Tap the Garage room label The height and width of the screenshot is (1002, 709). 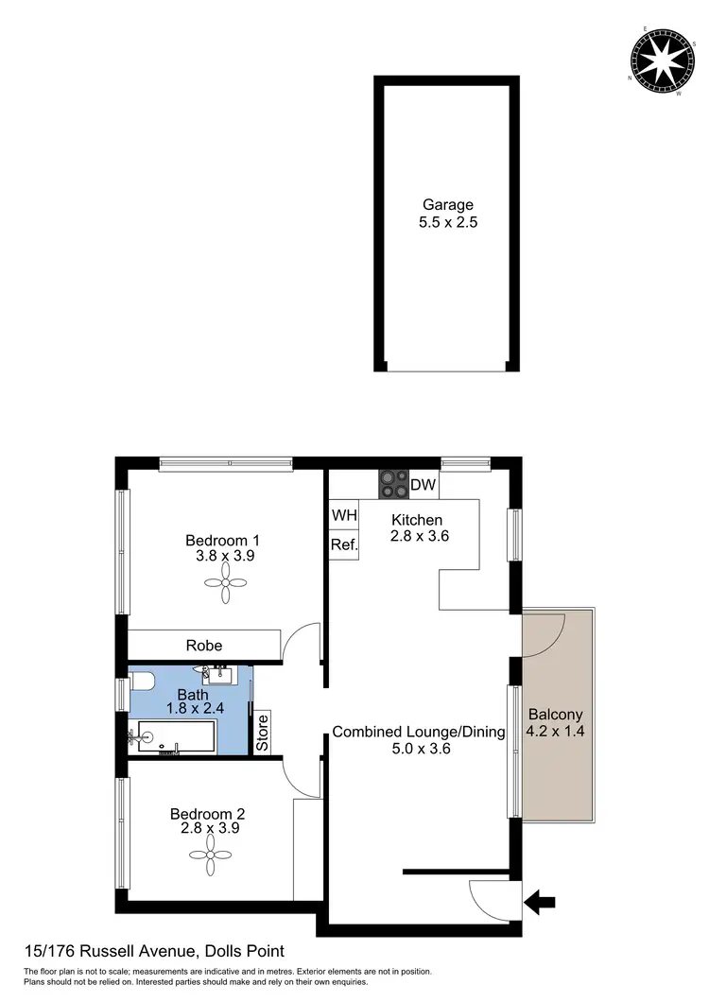[447, 204]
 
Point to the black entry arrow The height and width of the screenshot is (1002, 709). [540, 904]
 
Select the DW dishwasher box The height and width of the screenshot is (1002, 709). [424, 485]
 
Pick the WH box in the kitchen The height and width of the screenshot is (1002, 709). [343, 516]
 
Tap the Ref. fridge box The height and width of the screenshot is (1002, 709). [343, 544]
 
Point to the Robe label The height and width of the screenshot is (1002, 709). [204, 646]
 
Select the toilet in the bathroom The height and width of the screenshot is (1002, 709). [143, 681]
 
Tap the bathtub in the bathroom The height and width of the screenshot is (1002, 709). [176, 736]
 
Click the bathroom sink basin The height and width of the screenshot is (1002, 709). [219, 673]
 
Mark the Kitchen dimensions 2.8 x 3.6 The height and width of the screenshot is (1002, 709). [419, 536]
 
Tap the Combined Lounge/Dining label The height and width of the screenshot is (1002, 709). [419, 732]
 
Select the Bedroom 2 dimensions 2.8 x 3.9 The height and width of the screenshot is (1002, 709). [210, 828]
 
